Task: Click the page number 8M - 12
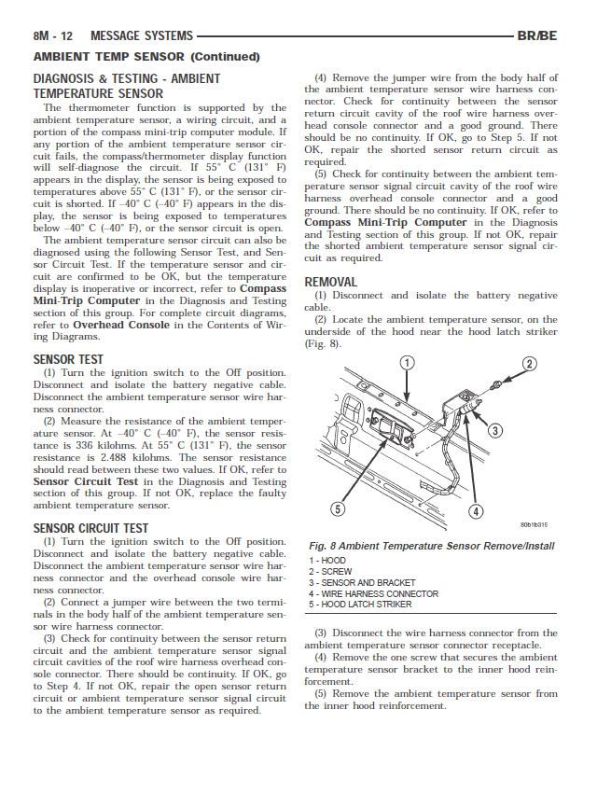53,36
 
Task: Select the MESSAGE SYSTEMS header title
142,36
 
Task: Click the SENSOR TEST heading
68,359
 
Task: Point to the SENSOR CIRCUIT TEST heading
90,528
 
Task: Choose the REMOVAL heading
330,282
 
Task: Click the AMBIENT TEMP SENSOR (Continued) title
146,57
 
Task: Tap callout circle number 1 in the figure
407,363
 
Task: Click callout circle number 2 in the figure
529,364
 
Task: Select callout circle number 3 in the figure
495,430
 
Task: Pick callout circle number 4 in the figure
475,510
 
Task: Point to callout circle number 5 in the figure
339,508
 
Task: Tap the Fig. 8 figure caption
431,546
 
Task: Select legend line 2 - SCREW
330,571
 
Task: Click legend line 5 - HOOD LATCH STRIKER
359,605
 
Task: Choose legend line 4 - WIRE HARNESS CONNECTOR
373,593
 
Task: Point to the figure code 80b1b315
534,524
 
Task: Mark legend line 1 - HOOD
326,560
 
